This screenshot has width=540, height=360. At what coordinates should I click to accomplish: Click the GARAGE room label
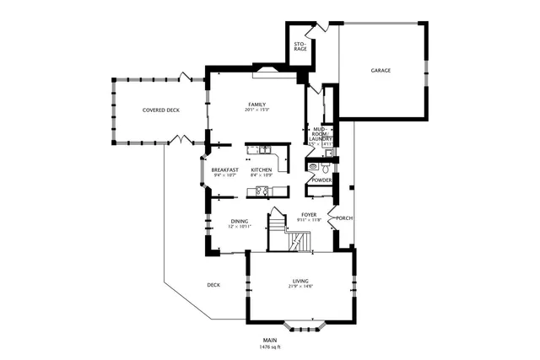(x=381, y=71)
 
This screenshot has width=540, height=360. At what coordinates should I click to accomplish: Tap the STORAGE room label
(x=300, y=46)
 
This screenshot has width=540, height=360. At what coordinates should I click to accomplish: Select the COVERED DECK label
(x=160, y=110)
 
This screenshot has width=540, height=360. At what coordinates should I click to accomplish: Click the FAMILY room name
(x=256, y=105)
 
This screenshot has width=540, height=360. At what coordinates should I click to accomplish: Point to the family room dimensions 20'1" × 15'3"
(x=256, y=110)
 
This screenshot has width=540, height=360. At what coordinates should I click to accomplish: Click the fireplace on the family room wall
(x=274, y=70)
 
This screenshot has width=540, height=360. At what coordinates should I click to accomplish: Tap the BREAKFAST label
(x=224, y=170)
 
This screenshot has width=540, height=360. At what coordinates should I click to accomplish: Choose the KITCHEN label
(x=261, y=170)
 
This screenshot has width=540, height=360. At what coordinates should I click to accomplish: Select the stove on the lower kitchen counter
(x=256, y=193)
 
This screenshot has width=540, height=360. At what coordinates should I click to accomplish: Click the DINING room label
(x=240, y=222)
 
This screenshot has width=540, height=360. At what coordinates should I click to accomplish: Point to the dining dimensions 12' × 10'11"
(x=240, y=228)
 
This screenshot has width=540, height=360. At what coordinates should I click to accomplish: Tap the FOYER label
(x=309, y=214)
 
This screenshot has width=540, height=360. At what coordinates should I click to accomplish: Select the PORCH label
(x=343, y=218)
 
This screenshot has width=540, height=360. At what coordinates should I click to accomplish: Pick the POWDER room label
(x=321, y=180)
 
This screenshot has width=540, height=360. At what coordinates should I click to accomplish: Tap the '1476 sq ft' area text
(x=269, y=347)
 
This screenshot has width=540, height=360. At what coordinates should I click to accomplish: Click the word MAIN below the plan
(x=269, y=340)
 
